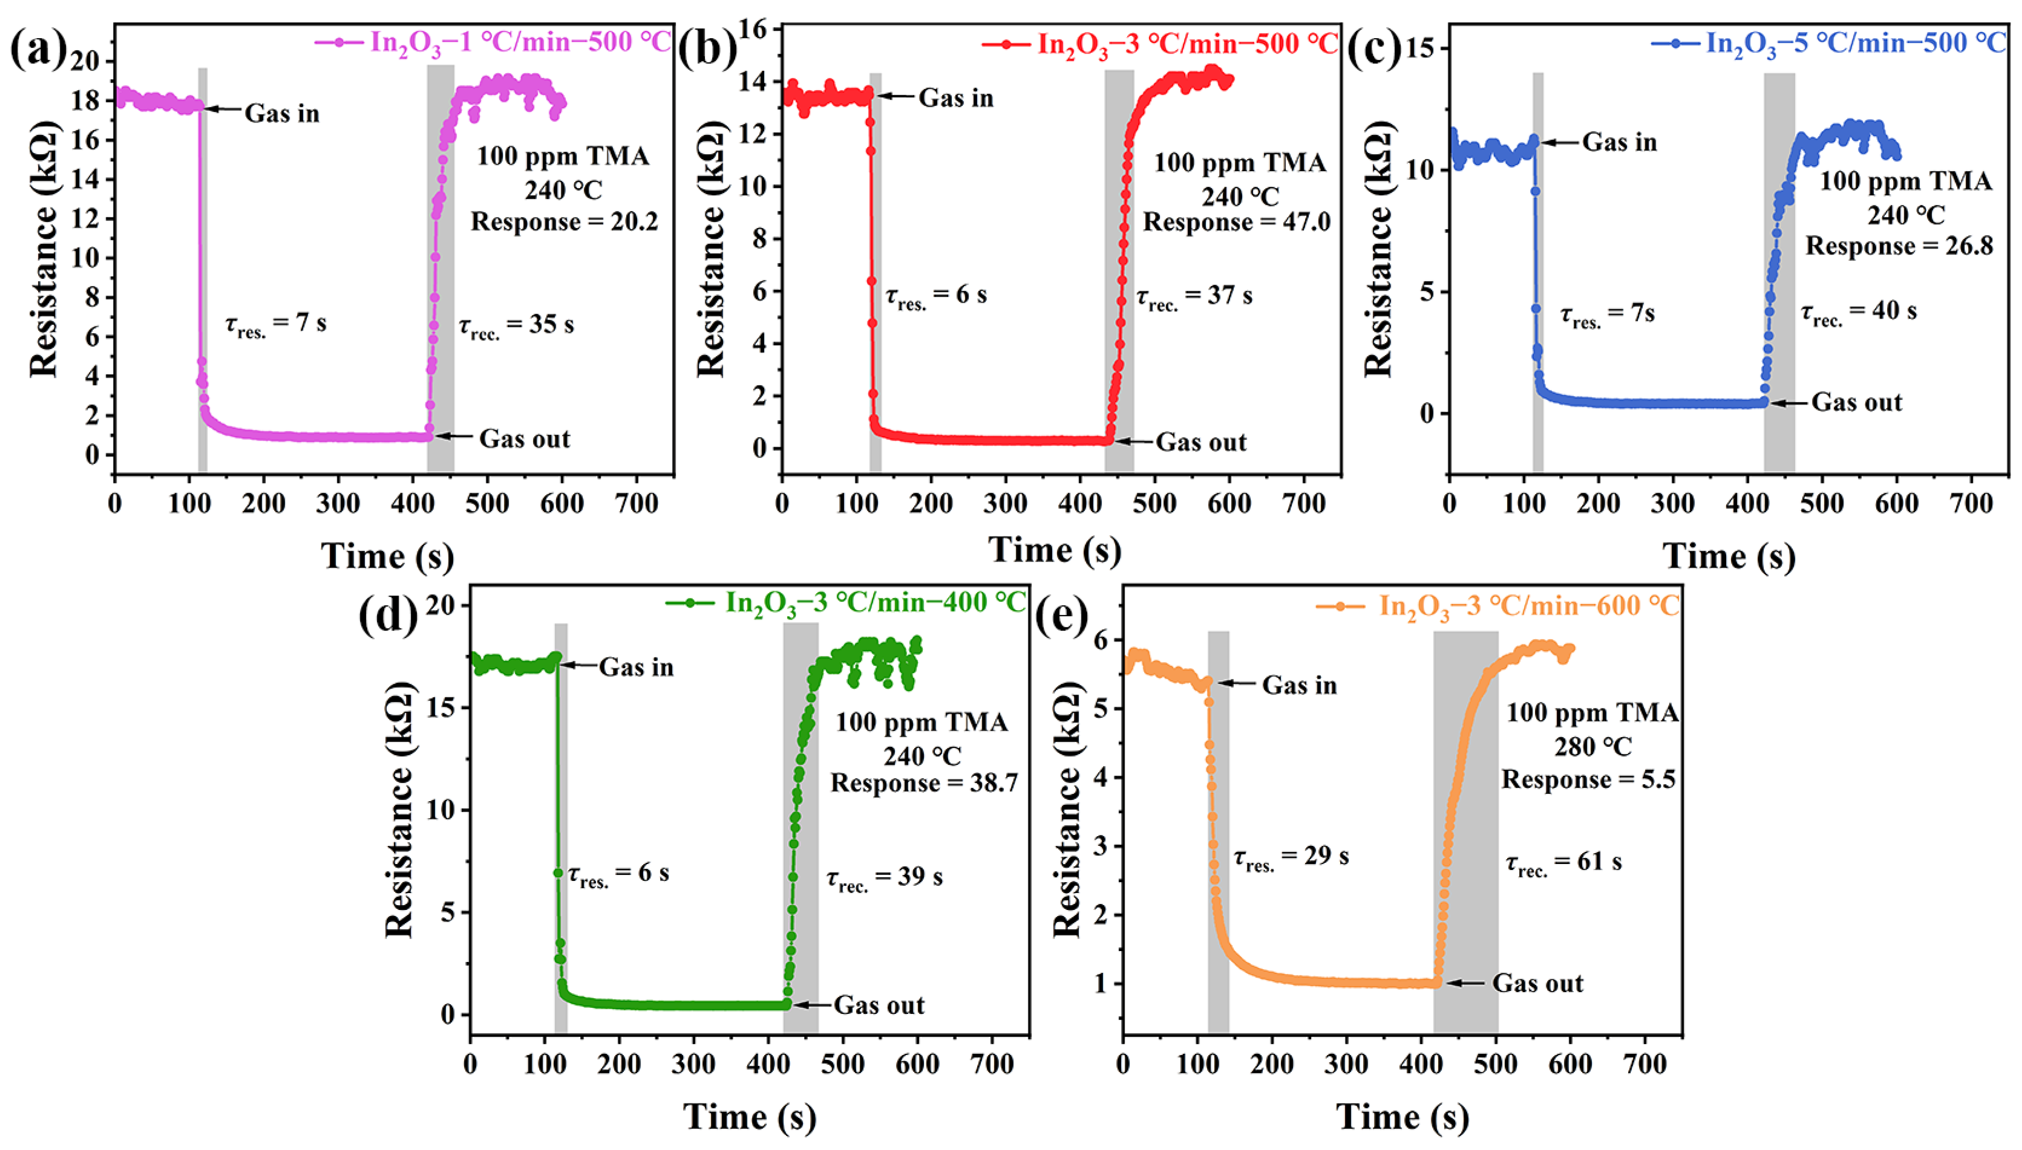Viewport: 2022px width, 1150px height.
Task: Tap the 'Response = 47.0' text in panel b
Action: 1237,222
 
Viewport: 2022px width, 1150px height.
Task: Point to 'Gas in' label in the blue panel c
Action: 1619,142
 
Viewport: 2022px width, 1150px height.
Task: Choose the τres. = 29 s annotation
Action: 1291,857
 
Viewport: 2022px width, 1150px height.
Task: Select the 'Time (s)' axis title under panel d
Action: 749,1117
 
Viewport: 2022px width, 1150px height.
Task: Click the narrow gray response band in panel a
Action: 202,268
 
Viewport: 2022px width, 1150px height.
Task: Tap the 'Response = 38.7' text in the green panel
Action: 924,784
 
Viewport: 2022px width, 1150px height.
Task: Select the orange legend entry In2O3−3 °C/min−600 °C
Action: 1497,606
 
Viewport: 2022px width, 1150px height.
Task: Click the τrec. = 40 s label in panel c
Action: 1859,312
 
